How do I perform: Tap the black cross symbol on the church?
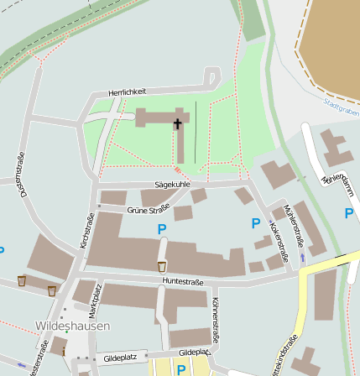(178, 124)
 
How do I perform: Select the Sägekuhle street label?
(172, 184)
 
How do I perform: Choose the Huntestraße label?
(184, 281)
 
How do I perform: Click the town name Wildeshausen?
(73, 325)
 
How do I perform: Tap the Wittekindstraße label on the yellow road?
(284, 356)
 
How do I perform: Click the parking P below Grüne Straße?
(162, 228)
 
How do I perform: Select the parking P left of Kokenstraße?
(256, 222)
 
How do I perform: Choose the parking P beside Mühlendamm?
(348, 213)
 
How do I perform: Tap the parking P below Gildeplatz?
(180, 368)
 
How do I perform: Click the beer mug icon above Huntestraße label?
(162, 266)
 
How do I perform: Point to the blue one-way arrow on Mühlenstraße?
(302, 258)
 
